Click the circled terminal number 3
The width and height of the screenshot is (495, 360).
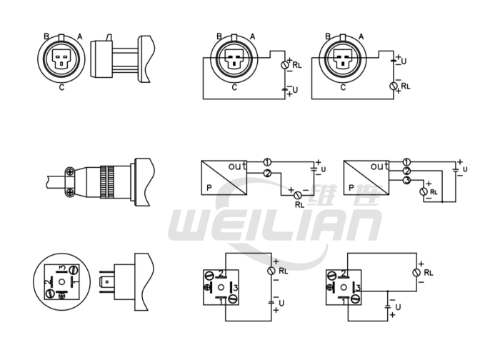coord(406,181)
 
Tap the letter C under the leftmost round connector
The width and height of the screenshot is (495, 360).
coord(63,87)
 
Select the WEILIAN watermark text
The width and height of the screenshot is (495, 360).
coord(274,228)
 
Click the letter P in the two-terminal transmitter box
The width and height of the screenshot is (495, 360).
coord(209,188)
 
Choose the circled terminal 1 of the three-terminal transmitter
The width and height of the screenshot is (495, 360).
coord(406,162)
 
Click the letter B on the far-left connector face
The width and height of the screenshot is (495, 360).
coord(46,36)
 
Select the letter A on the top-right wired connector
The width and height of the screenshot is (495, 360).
coord(361,36)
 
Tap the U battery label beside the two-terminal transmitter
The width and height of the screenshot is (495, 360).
coord(323,169)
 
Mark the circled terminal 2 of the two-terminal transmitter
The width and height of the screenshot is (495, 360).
coord(266,174)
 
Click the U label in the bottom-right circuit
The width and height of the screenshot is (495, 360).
coord(398,306)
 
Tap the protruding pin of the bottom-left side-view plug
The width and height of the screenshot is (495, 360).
coord(108,282)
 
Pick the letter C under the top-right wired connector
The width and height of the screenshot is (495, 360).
coord(343,88)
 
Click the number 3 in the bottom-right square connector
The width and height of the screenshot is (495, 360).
coord(357,287)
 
